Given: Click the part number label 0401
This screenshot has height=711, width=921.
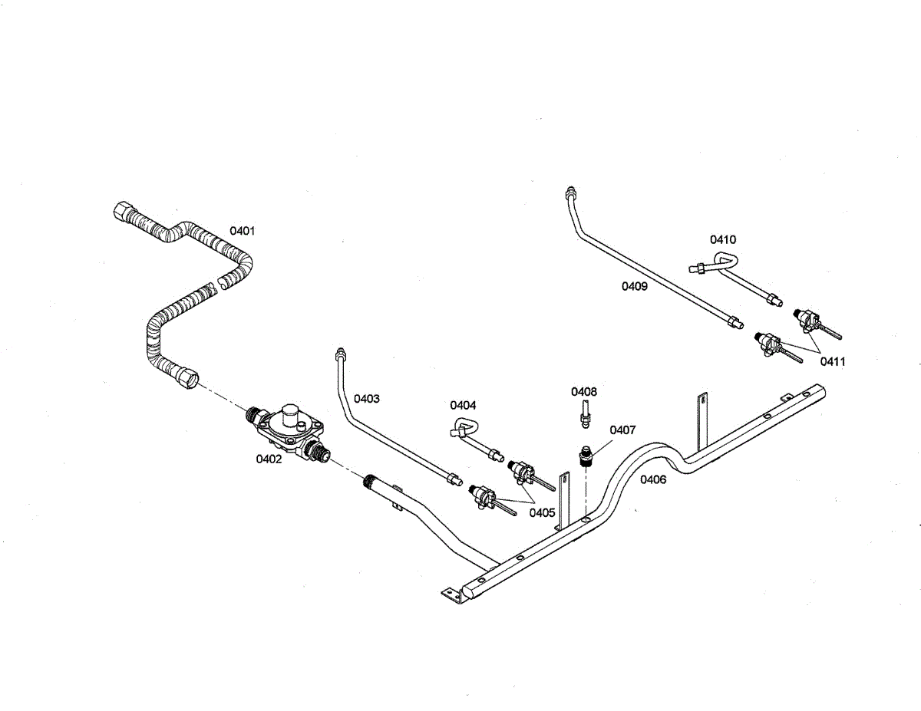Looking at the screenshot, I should (x=243, y=230).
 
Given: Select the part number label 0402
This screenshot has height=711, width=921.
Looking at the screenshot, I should (x=269, y=459).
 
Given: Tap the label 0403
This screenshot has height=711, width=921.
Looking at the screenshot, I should (x=366, y=399).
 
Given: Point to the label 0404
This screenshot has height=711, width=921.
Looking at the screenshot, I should (x=463, y=404).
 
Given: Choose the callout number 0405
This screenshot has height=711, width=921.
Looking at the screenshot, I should (x=542, y=512).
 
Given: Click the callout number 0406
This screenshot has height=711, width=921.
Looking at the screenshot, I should (x=653, y=480).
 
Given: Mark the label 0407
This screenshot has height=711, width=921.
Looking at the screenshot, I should (x=622, y=430).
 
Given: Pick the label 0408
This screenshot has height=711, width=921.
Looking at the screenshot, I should (x=583, y=391).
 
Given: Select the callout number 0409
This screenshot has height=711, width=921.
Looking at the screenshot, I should (x=634, y=286).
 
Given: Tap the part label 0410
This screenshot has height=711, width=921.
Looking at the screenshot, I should (x=722, y=239).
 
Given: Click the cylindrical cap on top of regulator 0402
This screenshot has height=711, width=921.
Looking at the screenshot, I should (x=291, y=413).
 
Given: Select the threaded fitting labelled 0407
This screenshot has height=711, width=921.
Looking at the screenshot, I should (x=586, y=459).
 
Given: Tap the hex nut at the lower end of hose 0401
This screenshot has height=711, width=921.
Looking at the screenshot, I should (x=187, y=377).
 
